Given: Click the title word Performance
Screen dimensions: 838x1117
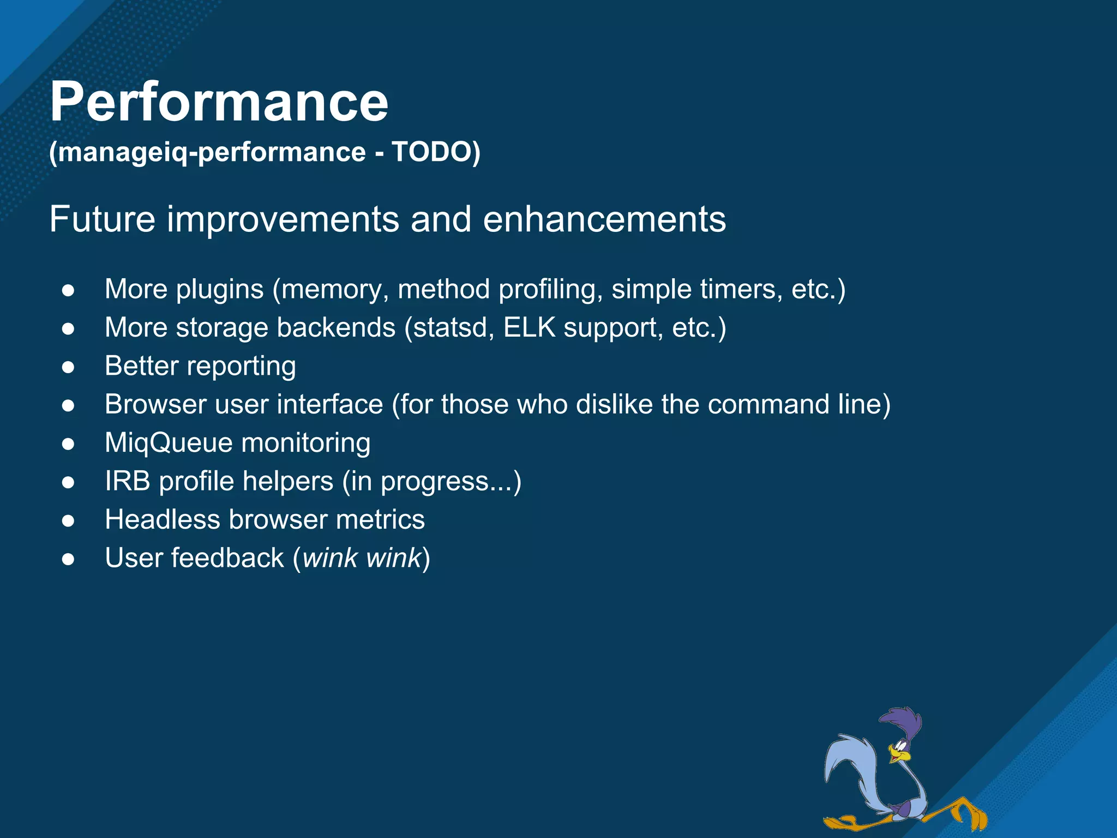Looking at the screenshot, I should (219, 102).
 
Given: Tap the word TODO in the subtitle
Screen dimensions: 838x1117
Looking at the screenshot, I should (431, 152).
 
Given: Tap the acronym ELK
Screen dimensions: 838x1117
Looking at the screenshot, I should (529, 328).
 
